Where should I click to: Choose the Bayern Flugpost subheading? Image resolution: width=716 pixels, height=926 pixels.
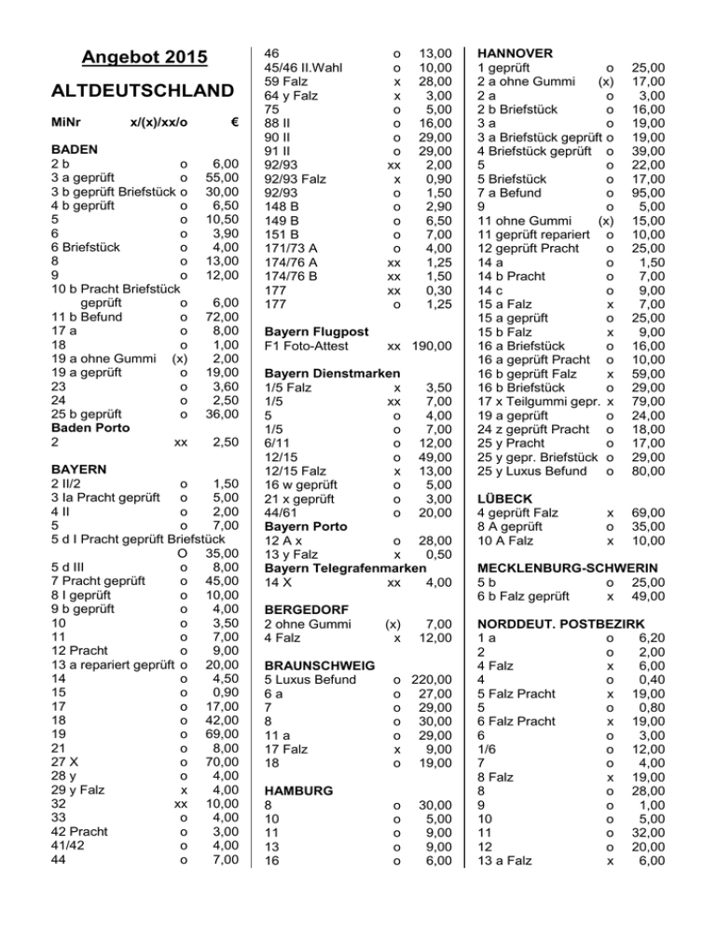point(316,331)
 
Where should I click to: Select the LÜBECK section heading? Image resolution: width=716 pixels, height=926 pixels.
point(503,498)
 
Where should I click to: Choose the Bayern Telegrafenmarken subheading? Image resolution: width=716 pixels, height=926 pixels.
point(352,567)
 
